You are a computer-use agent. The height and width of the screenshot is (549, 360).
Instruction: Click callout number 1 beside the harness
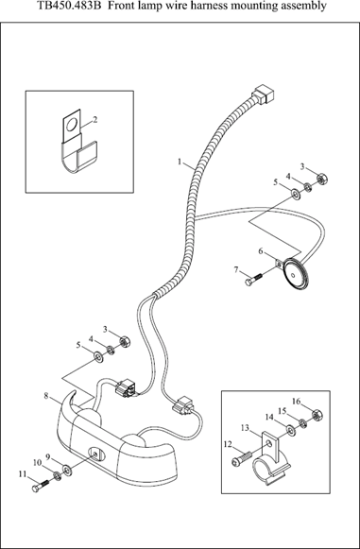pyautogui.click(x=180, y=162)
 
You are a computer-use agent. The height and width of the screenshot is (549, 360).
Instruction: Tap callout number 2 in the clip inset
pyautogui.click(x=94, y=120)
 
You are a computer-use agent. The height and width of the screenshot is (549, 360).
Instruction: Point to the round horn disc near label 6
pyautogui.click(x=296, y=275)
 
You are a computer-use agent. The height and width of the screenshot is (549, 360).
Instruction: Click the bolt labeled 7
pyautogui.click(x=253, y=279)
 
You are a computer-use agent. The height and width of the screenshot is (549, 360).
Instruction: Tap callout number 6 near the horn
pyautogui.click(x=261, y=251)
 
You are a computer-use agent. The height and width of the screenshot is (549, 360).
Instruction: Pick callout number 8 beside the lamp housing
pyautogui.click(x=46, y=396)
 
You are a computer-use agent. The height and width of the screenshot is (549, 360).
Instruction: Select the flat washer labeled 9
pyautogui.click(x=67, y=470)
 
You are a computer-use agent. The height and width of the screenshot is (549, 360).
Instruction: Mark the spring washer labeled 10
pyautogui.click(x=57, y=476)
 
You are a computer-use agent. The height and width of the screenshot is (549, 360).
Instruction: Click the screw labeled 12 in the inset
pyautogui.click(x=242, y=458)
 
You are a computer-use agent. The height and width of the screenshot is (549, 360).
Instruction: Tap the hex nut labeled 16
pyautogui.click(x=317, y=415)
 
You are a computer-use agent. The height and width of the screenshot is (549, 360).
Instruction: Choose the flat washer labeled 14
pyautogui.click(x=290, y=430)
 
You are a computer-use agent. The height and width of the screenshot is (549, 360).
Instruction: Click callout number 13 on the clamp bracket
pyautogui.click(x=245, y=427)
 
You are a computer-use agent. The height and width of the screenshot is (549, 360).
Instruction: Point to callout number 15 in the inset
pyautogui.click(x=283, y=411)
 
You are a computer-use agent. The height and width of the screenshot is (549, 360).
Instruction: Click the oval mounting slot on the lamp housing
pyautogui.click(x=95, y=455)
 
